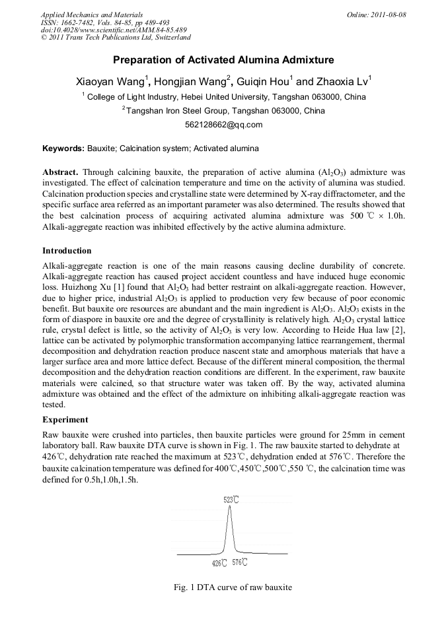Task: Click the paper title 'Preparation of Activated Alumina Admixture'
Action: [223, 60]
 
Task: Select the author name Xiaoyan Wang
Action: [108, 83]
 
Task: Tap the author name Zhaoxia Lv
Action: [341, 83]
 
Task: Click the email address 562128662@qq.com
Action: [223, 125]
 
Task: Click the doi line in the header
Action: [114, 30]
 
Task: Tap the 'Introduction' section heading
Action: [67, 251]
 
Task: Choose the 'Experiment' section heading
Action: [65, 419]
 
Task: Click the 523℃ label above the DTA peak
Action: [231, 500]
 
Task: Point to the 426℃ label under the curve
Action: [219, 562]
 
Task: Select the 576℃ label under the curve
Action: [241, 562]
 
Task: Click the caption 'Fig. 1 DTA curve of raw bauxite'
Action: [223, 587]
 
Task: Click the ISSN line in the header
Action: [105, 22]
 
